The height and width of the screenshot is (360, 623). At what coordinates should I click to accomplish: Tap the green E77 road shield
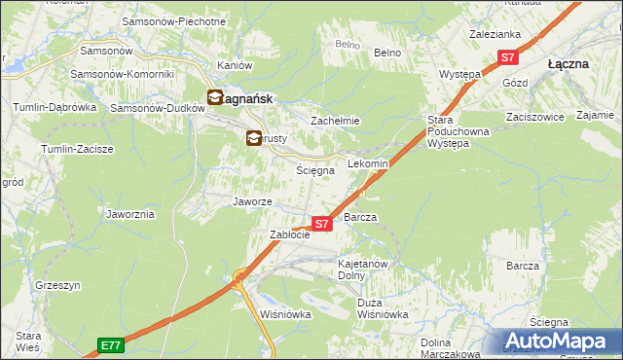point(111,344)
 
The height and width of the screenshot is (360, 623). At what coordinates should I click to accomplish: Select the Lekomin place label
point(368,164)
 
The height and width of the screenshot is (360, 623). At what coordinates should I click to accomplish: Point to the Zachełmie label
point(335,121)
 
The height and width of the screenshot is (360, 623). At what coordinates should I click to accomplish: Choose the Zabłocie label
point(289,234)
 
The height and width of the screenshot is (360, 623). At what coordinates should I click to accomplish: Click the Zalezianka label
point(495,33)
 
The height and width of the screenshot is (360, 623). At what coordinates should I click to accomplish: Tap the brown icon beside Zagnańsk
point(215,97)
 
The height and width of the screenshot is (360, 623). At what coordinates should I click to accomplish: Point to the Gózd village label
point(515,84)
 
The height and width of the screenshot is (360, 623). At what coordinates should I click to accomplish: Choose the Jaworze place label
point(251,201)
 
